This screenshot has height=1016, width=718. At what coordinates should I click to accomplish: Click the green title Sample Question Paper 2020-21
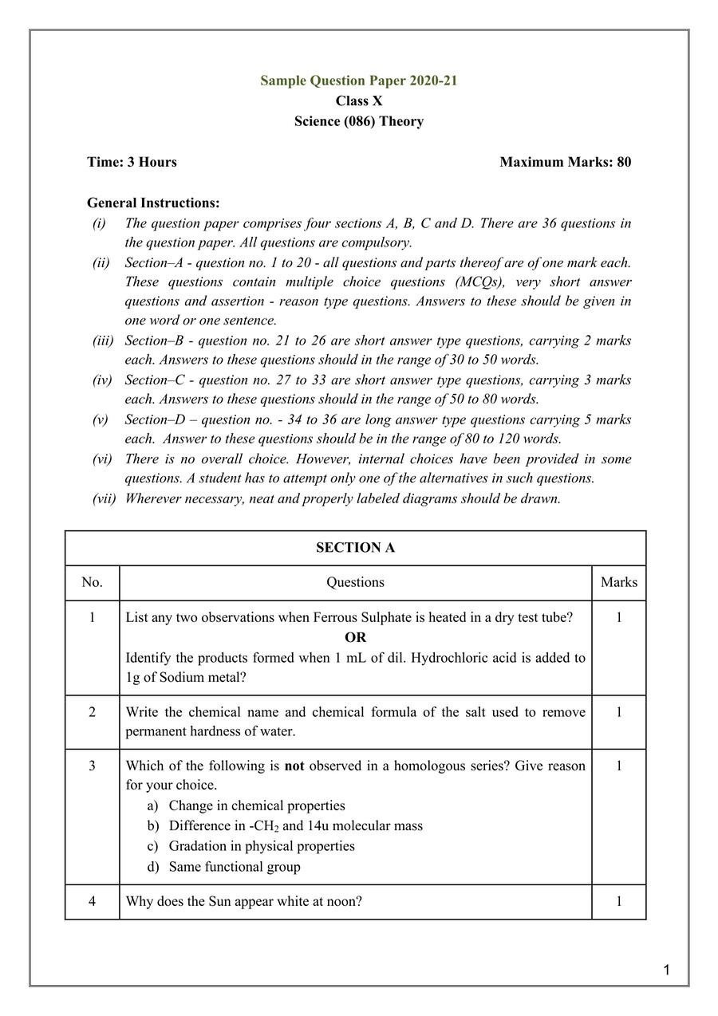coord(358,81)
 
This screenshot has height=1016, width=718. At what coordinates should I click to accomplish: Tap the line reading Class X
coord(358,101)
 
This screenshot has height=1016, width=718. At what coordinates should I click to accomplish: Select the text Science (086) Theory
coord(358,121)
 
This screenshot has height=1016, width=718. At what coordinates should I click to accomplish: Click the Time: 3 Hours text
coord(132,162)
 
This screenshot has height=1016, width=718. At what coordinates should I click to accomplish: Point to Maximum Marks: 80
coord(565,162)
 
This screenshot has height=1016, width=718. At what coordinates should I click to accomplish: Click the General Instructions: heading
coord(153,203)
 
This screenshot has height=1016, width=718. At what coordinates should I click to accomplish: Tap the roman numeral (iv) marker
coord(101,380)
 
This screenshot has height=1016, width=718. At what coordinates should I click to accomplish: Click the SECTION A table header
coord(355,548)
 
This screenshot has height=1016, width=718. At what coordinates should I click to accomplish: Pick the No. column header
coord(92,582)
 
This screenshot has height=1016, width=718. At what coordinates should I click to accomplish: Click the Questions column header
coord(355,582)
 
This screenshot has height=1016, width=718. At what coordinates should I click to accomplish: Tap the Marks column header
coord(618,582)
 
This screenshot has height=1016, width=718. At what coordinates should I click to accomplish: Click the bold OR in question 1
coord(355,637)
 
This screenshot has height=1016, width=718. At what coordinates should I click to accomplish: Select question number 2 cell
coord(92,712)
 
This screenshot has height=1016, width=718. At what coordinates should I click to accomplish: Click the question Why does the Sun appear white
coord(243,902)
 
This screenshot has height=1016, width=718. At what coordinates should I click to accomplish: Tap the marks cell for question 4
coord(618,902)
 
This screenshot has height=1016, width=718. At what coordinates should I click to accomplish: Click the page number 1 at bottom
coord(666,971)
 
